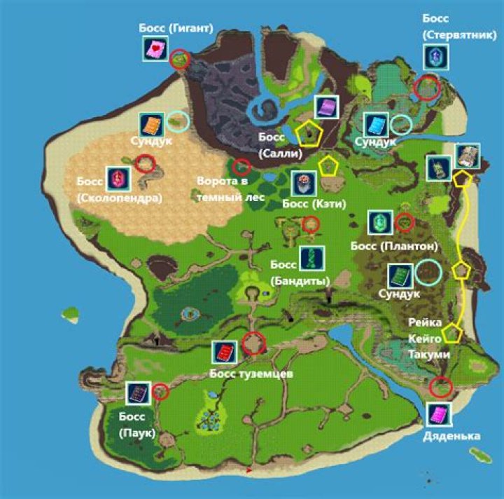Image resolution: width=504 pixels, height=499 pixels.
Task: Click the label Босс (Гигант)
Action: (175, 29)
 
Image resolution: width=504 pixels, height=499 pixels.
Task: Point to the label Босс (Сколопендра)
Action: (120, 190)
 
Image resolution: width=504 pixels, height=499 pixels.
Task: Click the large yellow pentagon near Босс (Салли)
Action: (308, 132)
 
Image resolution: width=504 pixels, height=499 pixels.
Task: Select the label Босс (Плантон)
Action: (393, 246)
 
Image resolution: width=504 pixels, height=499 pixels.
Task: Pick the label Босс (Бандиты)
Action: (300, 273)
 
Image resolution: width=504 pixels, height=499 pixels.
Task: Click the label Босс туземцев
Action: (251, 374)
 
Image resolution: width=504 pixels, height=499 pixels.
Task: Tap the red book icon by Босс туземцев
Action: (224, 352)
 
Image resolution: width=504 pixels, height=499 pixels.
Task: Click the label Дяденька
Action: (451, 436)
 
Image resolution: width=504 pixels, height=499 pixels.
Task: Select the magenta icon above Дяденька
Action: (438, 415)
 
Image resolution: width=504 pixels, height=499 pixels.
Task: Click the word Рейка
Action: (427, 323)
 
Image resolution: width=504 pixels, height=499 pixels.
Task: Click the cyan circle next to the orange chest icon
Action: (179, 121)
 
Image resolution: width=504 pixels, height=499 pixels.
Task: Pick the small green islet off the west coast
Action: (71, 312)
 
